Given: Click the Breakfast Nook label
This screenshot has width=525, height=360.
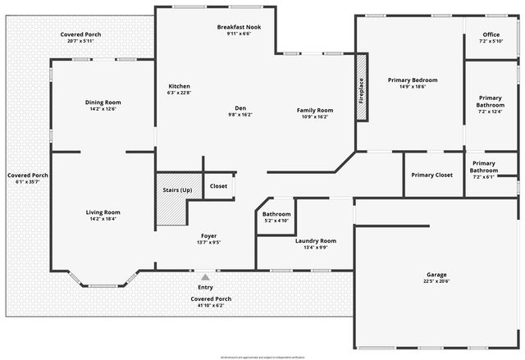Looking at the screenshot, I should tap(238, 27).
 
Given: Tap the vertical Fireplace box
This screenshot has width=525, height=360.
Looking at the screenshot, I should tap(360, 87).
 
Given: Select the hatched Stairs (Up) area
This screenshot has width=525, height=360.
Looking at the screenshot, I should tap(178, 199).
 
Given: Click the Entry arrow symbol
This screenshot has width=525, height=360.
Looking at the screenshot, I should tap(205, 277).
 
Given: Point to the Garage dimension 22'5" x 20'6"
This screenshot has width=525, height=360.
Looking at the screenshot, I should tap(436, 281).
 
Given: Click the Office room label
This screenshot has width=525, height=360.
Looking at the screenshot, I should tap(491, 34).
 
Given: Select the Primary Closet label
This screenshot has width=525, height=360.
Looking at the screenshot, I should tap(431, 175).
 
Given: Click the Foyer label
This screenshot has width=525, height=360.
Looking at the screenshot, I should tap(208, 235).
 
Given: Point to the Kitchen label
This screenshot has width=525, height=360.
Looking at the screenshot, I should tap(179, 86).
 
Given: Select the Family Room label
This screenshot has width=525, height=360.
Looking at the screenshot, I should tap(315, 110).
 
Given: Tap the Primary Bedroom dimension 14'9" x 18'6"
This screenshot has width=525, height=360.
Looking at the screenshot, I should tap(413, 87).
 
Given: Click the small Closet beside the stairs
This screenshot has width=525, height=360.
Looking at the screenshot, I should tap(218, 186).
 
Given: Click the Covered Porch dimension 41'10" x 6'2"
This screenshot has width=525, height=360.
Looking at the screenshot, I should tap(211, 306).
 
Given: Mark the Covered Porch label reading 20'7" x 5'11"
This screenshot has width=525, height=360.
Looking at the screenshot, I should tap(80, 40).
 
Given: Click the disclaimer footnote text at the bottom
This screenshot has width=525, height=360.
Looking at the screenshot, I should tap(262, 357).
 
